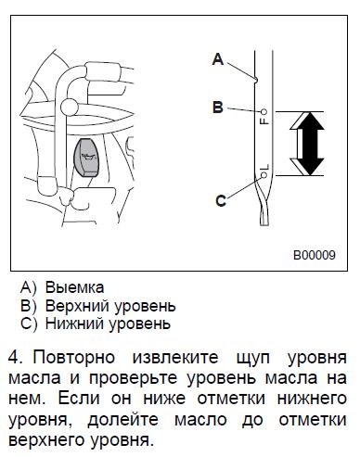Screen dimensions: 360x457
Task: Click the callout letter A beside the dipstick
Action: point(218,58)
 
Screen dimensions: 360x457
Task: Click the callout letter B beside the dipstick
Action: point(218,108)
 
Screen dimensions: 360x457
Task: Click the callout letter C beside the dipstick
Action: point(221,201)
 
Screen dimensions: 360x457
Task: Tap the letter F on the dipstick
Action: point(264,121)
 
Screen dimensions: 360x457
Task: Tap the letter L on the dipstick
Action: point(265,167)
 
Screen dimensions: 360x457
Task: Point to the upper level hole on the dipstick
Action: point(264,111)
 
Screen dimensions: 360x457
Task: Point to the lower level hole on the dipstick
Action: point(264,175)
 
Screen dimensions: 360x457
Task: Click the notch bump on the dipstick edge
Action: point(256,80)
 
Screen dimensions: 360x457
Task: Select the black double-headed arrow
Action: point(307,144)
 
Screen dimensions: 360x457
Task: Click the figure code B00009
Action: point(315,255)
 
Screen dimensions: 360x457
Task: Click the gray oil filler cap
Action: point(86,158)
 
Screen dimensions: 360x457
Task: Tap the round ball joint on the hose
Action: point(70,107)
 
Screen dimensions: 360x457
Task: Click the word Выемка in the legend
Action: point(74,287)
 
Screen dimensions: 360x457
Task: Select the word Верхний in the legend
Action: point(79,306)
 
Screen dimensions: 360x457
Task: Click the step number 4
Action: point(15,358)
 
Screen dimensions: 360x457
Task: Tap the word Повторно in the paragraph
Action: point(74,358)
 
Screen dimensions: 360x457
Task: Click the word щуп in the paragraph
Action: point(253,359)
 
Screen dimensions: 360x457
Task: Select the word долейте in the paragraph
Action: point(123,420)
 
